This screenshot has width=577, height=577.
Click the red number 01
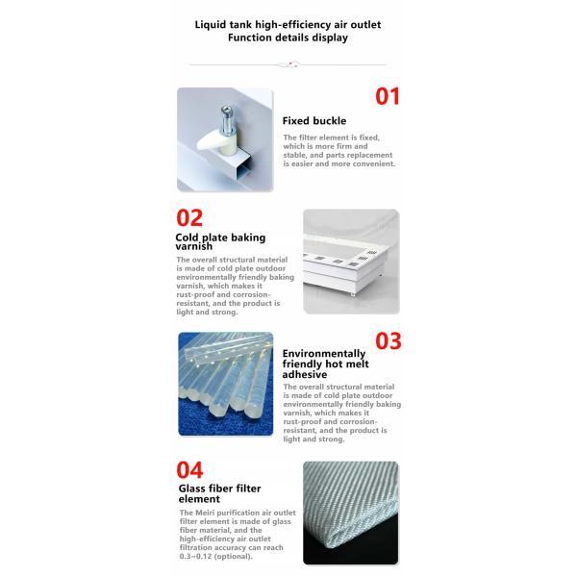[387, 96]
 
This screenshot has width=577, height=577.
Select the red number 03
[387, 340]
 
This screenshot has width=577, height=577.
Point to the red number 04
[190, 470]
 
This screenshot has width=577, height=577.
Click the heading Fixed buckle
[314, 121]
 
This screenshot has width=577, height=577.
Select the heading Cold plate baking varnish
[220, 241]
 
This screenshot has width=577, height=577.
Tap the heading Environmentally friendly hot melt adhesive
[323, 364]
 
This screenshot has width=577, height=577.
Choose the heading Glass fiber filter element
[219, 494]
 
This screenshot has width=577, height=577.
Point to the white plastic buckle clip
[219, 144]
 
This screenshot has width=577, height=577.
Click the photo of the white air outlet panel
[351, 261]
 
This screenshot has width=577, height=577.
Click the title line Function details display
[288, 38]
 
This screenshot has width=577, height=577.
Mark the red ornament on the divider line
[288, 63]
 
